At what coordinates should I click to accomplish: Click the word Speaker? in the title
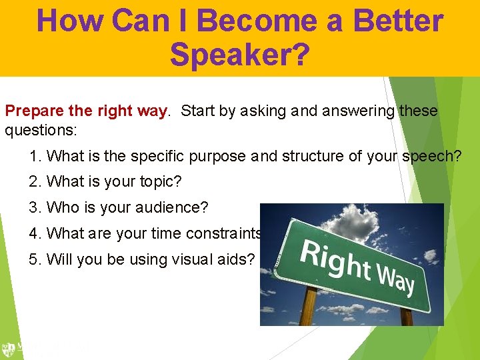point(239,55)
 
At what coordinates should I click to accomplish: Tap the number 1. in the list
point(36,157)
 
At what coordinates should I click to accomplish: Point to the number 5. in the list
point(36,259)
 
